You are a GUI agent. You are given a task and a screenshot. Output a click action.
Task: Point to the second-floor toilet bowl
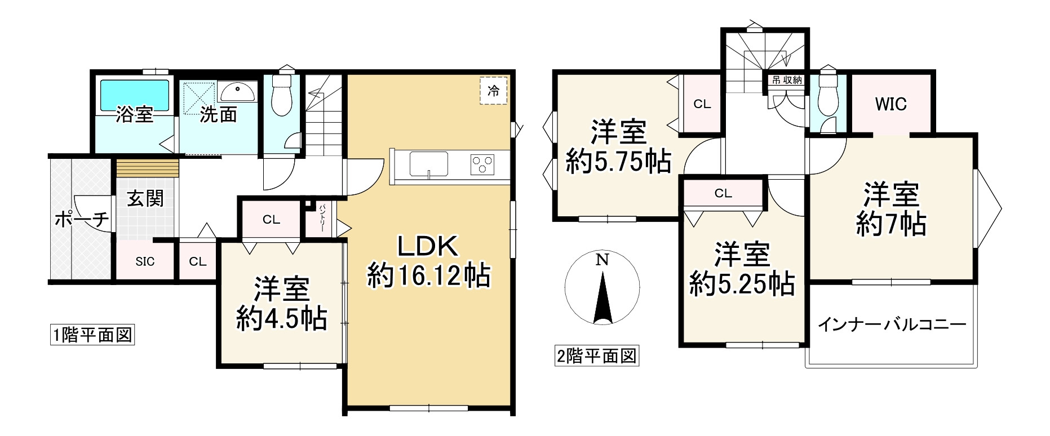[x=827, y=93]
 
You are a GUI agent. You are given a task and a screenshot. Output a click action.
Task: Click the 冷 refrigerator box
[x=494, y=91]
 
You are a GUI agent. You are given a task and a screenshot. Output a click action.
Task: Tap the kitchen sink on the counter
[x=428, y=164]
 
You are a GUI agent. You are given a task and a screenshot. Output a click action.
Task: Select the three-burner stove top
[x=482, y=164]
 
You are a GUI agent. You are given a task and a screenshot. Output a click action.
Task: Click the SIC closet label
[x=145, y=262]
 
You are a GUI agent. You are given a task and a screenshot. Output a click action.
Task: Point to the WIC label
[x=890, y=104]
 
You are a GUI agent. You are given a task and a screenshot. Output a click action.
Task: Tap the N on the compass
[x=602, y=260]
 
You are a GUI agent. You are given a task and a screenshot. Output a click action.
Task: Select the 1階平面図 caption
[x=92, y=336]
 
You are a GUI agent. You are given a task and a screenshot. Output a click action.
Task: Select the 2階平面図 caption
[x=596, y=357]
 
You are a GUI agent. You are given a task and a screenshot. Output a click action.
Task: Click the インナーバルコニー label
[x=892, y=325]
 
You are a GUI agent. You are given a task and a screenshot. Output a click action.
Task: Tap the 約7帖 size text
[x=890, y=225]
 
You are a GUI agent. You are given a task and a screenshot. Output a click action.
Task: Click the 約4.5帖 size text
[x=281, y=319]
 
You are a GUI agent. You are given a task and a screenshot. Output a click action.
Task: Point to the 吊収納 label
[x=786, y=80]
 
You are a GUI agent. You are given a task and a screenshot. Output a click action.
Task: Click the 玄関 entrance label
[x=145, y=199]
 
